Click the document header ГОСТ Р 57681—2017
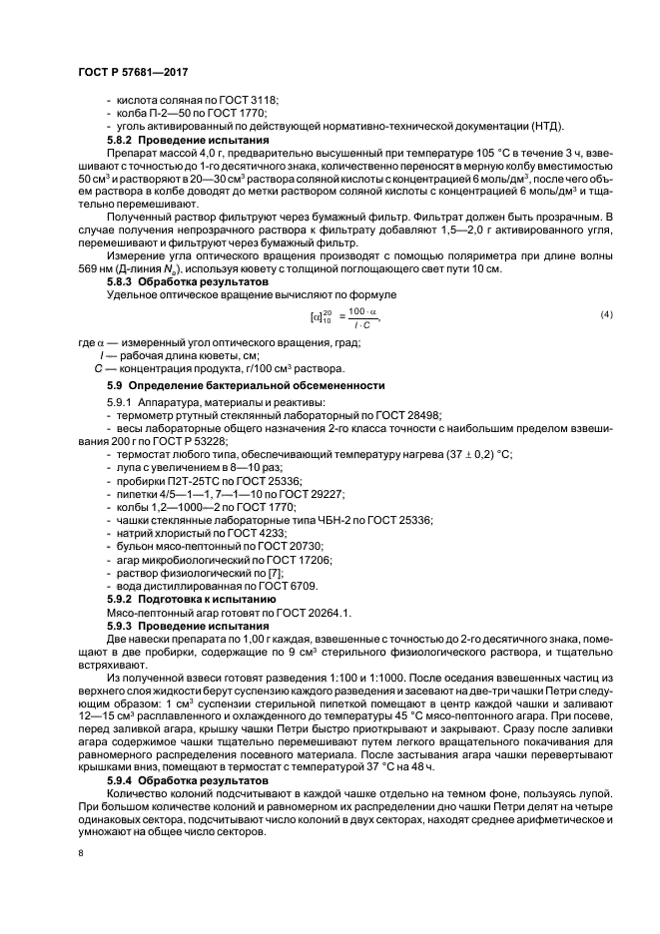[133, 73]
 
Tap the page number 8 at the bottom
[81, 854]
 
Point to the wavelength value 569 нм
[96, 269]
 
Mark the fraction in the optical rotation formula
[361, 316]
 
